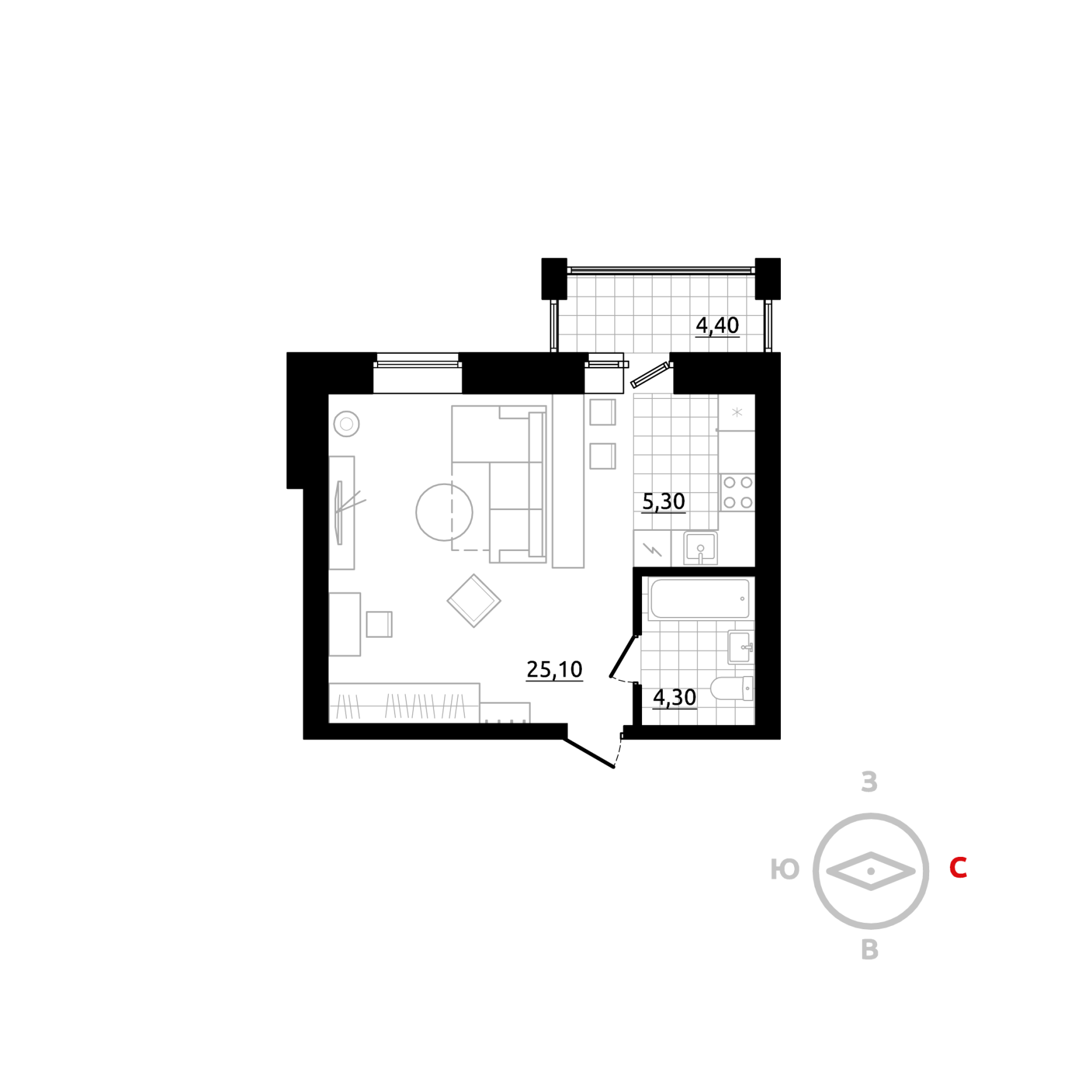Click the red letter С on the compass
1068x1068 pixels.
pos(957,868)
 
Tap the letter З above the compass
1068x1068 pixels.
pos(869,782)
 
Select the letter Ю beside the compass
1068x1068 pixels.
pos(785,869)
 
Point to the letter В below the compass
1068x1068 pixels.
pos(869,949)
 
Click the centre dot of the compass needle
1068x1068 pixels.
pos(871,871)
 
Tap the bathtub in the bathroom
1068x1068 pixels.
pos(700,599)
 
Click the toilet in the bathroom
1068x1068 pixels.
pos(730,688)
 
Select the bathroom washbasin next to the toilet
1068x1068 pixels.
pos(740,647)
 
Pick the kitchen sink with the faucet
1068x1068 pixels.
pos(700,548)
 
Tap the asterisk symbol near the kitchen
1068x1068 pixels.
pos(737,413)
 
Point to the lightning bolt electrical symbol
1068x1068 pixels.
pos(652,550)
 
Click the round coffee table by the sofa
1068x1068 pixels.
pos(444,512)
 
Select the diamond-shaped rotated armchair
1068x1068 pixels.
pos(474,601)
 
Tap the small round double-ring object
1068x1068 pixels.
pos(346,424)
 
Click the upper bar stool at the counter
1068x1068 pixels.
pos(602,412)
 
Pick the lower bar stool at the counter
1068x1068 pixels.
pos(602,456)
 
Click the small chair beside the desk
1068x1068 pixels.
pos(379,624)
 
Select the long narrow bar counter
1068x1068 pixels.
pos(568,482)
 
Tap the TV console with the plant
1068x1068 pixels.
pos(342,513)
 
